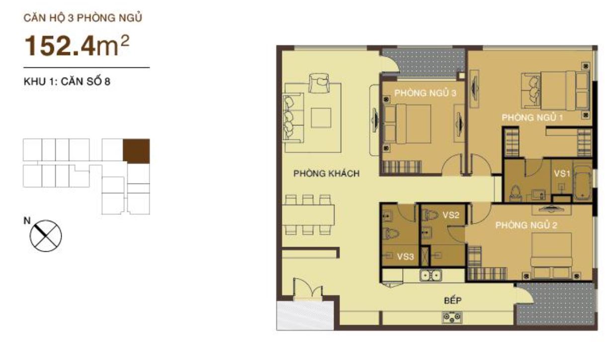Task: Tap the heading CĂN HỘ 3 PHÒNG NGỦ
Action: click(x=84, y=19)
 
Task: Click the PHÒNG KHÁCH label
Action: click(x=326, y=174)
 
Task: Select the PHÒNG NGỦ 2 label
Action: click(x=526, y=225)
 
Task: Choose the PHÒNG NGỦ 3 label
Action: click(x=425, y=93)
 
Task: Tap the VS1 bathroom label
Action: click(x=563, y=174)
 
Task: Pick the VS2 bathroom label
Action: click(x=450, y=215)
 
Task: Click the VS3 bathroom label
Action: click(x=405, y=257)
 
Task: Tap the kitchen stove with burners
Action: click(x=451, y=317)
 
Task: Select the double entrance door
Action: click(x=308, y=291)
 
